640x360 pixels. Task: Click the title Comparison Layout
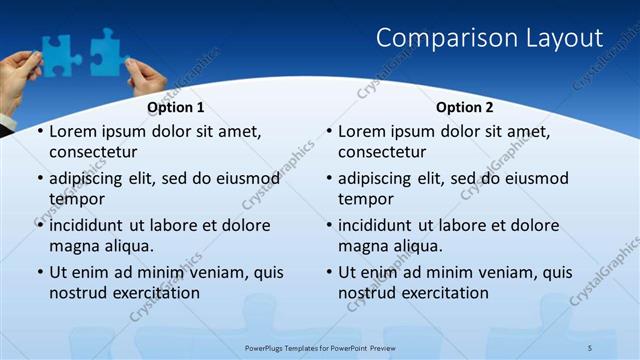(x=489, y=38)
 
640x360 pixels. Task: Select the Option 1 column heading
(x=176, y=107)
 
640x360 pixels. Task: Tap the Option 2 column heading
(x=465, y=107)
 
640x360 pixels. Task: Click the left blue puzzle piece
(x=58, y=52)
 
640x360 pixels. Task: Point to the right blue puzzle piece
(x=107, y=50)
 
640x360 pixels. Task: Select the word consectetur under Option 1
(x=93, y=152)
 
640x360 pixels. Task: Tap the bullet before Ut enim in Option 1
(x=40, y=272)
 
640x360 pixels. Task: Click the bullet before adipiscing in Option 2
(x=329, y=179)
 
